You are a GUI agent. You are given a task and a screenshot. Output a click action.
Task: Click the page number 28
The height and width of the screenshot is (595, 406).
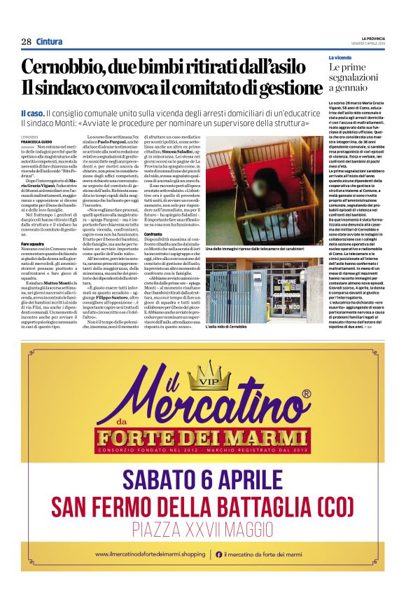pyautogui.click(x=26, y=41)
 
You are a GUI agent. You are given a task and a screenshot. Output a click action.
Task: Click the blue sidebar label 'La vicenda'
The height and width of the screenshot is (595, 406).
pyautogui.click(x=340, y=57)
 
